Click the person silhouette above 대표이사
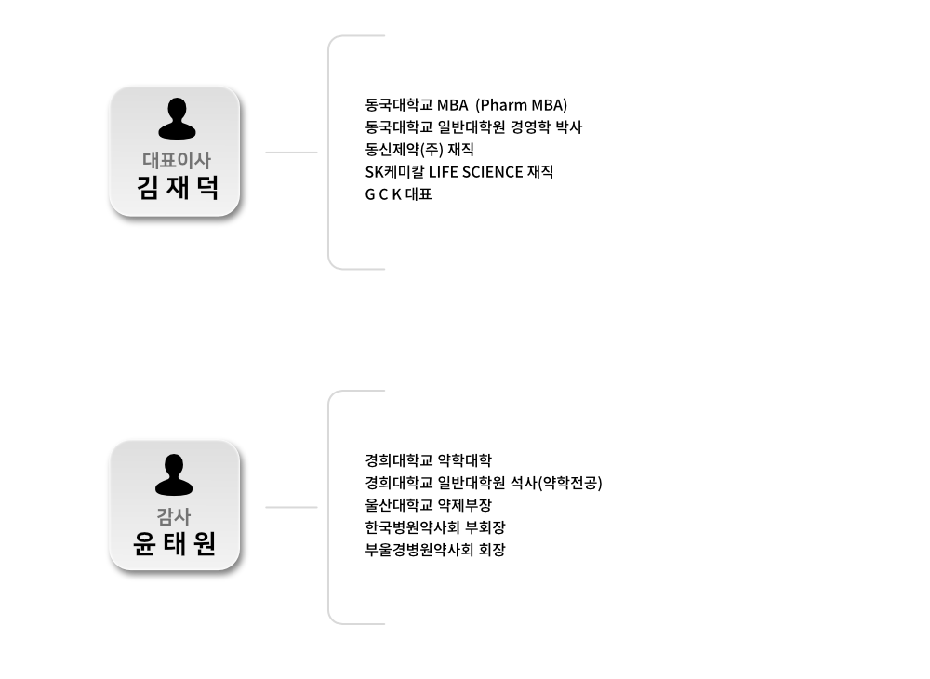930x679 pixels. click(x=176, y=119)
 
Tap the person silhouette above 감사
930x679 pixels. click(x=174, y=474)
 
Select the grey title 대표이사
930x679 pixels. click(x=176, y=160)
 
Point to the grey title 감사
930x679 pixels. click(x=174, y=517)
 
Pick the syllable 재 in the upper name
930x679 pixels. click(x=176, y=189)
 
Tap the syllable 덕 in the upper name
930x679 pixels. click(x=205, y=189)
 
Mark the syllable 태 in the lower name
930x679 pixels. click(x=174, y=544)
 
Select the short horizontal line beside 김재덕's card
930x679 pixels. click(x=291, y=152)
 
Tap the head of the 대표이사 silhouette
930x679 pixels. click(x=176, y=110)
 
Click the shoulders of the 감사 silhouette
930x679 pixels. click(x=174, y=487)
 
